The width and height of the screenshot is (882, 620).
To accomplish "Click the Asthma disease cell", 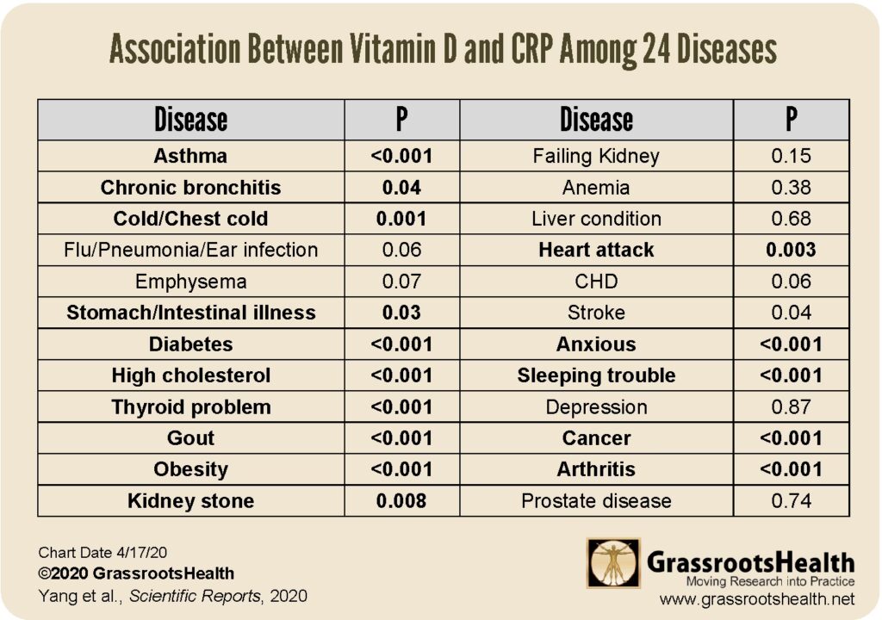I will pyautogui.click(x=190, y=156).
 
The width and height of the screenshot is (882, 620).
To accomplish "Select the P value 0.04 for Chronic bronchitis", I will pyautogui.click(x=401, y=187).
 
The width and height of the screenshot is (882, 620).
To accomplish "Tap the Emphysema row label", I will pyautogui.click(x=190, y=282).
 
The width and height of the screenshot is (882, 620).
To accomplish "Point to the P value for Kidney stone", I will pyautogui.click(x=401, y=500).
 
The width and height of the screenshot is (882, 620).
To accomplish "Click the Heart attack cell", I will pyautogui.click(x=596, y=250).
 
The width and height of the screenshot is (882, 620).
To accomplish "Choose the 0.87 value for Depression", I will pyautogui.click(x=792, y=406).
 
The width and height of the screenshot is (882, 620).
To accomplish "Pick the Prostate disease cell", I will pyautogui.click(x=596, y=500).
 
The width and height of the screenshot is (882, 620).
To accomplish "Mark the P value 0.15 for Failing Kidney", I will pyautogui.click(x=792, y=156).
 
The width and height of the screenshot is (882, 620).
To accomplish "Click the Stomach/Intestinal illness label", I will pyautogui.click(x=190, y=313).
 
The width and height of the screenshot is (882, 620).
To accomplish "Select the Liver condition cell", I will pyautogui.click(x=596, y=219).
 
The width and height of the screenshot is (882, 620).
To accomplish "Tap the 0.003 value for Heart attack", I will pyautogui.click(x=792, y=250).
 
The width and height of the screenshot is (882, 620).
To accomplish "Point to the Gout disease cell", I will pyautogui.click(x=190, y=437).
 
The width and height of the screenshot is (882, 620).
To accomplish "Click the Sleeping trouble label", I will pyautogui.click(x=596, y=375).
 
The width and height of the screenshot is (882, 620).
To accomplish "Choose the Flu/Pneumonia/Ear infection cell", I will pyautogui.click(x=190, y=250).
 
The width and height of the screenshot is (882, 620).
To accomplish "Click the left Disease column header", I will pyautogui.click(x=190, y=120).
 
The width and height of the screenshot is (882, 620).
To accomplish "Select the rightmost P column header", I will pyautogui.click(x=792, y=120).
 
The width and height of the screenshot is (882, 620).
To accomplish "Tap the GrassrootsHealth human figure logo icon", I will pyautogui.click(x=613, y=563).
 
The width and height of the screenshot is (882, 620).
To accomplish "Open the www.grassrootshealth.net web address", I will pyautogui.click(x=756, y=598).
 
